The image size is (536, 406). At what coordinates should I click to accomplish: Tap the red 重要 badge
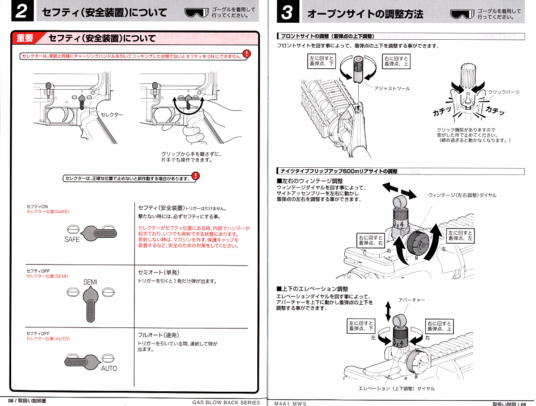coord(25,38)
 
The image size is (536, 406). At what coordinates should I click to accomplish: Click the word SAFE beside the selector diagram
coord(72,240)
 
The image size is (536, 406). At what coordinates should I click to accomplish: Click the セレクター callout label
coord(112,115)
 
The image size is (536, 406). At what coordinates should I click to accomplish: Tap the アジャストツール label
coord(392,88)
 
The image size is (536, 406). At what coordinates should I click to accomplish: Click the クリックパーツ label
coord(504,92)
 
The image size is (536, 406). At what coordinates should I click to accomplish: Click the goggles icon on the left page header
coord(197,12)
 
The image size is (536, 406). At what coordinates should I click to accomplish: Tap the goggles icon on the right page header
coord(462,13)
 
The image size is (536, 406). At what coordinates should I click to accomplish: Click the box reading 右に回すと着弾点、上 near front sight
coord(396,61)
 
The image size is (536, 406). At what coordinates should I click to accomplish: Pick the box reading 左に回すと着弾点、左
coord(461,236)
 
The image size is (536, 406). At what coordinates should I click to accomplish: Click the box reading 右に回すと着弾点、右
coord(370,240)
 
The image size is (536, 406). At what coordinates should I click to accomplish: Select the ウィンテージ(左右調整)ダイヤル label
coord(462,195)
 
